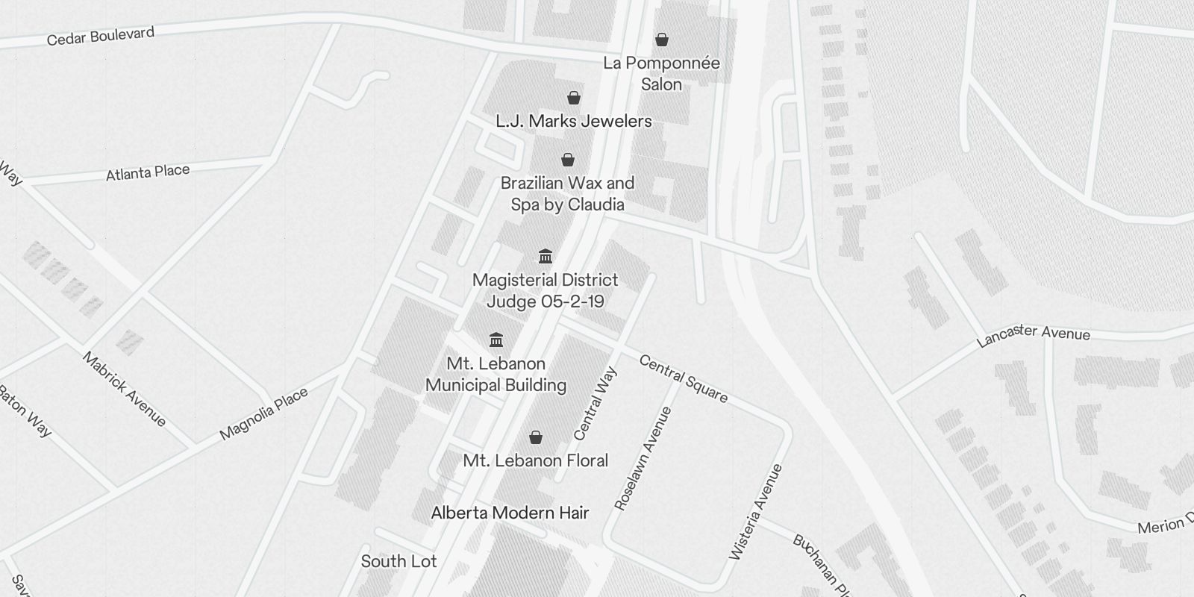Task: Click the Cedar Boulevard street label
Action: (100, 36)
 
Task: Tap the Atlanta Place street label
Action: (148, 172)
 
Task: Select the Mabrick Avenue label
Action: (124, 389)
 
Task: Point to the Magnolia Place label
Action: (263, 414)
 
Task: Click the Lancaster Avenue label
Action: (1034, 335)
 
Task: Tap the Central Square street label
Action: (683, 378)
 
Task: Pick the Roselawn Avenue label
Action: (643, 458)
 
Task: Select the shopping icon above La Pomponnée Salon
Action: (661, 40)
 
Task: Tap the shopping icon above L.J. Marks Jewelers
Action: (573, 98)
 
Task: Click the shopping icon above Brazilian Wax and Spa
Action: (568, 160)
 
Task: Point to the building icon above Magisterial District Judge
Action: (546, 257)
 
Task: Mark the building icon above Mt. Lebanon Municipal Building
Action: (496, 340)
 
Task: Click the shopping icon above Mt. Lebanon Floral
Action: (535, 437)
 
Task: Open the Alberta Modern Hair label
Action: (510, 513)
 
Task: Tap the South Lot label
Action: (398, 561)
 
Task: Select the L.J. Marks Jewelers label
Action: (573, 121)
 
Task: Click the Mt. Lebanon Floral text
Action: (535, 460)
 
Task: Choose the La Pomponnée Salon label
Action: (661, 73)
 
